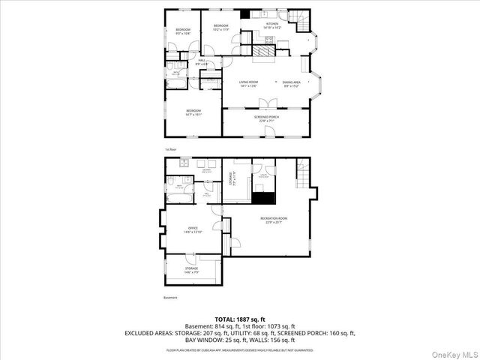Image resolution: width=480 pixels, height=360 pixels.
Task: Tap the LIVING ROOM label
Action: (x=248, y=84)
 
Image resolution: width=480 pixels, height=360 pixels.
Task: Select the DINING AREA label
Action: (x=292, y=84)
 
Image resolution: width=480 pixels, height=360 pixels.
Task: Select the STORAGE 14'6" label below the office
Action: (x=191, y=270)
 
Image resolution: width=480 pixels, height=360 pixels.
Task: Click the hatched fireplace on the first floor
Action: (x=264, y=51)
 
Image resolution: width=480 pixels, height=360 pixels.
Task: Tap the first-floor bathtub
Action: (x=172, y=73)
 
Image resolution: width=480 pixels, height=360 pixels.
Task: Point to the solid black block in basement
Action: (x=263, y=198)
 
